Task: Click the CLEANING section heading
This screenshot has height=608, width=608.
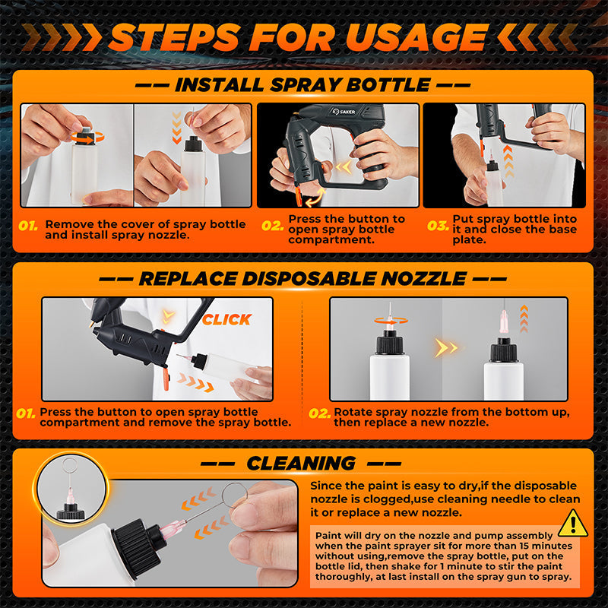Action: coord(301,463)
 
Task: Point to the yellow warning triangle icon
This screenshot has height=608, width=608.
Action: coord(572,523)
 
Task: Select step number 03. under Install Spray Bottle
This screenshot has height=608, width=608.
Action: coord(437,226)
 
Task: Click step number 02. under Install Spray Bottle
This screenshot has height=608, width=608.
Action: coord(272,226)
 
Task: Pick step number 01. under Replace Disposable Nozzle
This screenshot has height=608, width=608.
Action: coord(26,414)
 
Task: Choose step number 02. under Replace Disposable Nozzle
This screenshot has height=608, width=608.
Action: coord(319,414)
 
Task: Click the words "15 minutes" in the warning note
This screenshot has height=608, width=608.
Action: coord(544,545)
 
